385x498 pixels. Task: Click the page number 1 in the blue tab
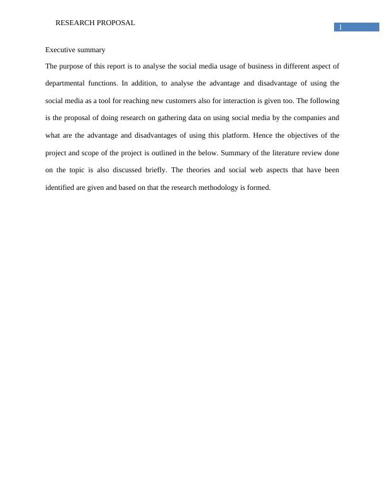coord(340,27)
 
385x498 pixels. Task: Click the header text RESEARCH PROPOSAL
coord(95,23)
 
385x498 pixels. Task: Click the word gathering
coord(170,118)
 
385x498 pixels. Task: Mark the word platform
coord(234,135)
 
